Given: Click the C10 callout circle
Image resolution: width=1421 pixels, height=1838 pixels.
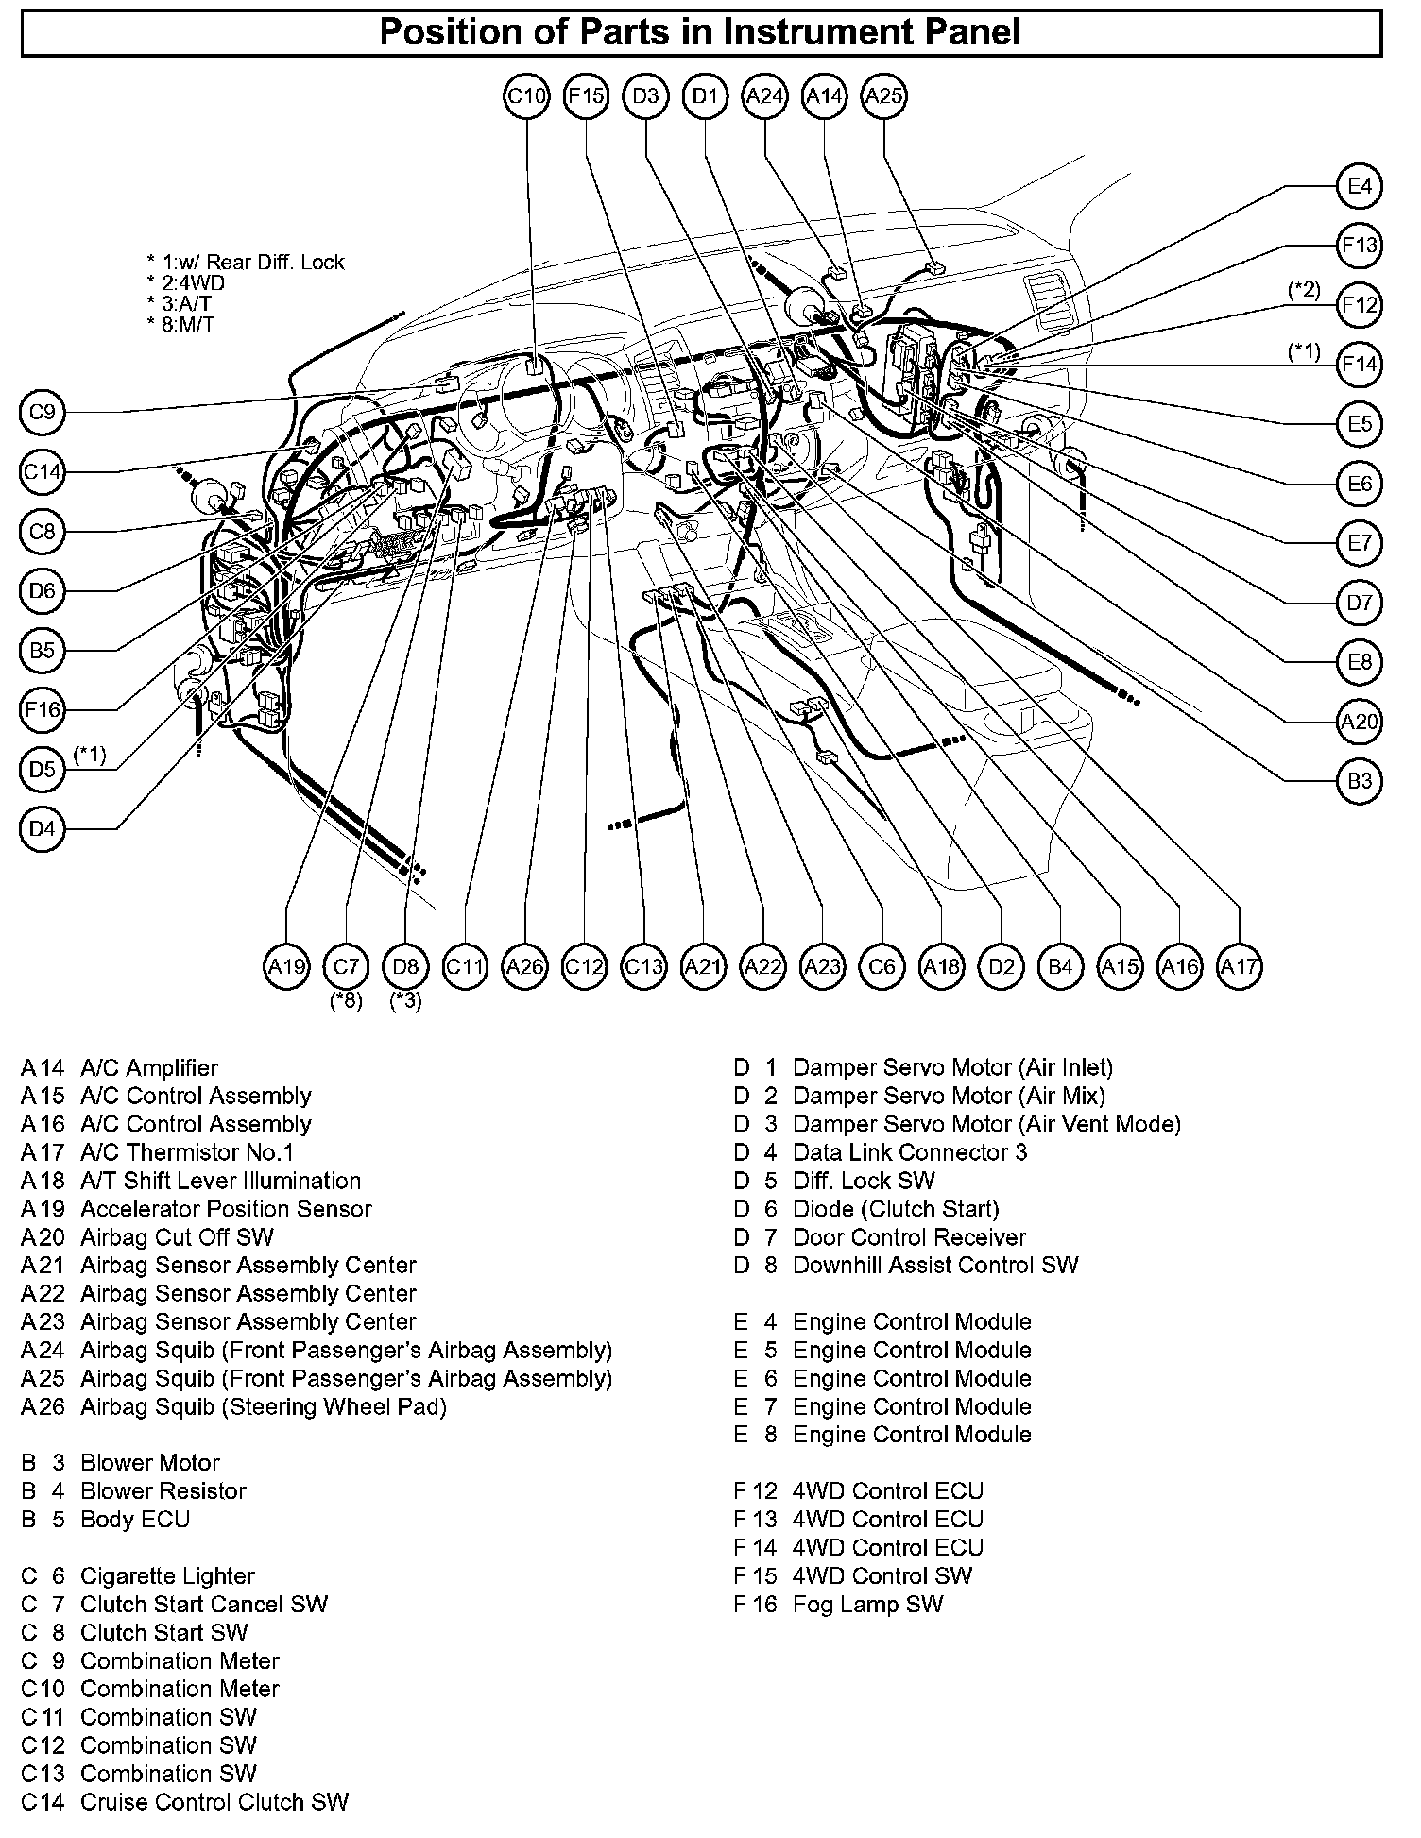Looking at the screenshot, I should [526, 96].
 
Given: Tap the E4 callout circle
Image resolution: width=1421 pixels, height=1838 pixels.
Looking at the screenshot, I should [1359, 186].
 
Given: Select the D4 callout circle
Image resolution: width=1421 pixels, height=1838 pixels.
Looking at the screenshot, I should [43, 829].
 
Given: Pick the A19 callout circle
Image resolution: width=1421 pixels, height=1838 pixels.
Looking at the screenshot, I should [286, 966].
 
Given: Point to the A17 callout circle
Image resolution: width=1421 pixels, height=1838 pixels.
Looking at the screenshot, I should [1240, 966].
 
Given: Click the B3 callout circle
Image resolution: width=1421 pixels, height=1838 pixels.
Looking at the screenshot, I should [1359, 781].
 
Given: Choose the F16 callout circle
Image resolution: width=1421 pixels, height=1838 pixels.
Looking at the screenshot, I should [43, 710].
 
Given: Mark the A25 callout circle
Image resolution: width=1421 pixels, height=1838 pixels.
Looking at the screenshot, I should [884, 96].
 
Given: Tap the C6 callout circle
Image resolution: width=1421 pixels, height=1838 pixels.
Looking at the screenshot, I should [882, 966].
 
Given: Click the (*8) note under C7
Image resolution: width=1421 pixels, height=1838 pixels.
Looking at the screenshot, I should [346, 1000].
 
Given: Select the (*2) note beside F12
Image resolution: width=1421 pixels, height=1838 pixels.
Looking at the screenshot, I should [1304, 290].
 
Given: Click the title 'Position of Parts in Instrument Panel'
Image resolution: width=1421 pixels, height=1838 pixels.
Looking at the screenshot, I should [700, 32].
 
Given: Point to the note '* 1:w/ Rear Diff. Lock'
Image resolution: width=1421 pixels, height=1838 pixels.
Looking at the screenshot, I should [246, 263].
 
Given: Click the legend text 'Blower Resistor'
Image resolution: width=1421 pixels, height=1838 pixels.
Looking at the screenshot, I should [163, 1490].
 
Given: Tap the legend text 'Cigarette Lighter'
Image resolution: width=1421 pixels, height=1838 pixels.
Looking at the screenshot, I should [167, 1575].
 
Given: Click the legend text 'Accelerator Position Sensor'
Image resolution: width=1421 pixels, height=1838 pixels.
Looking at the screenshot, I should [226, 1209].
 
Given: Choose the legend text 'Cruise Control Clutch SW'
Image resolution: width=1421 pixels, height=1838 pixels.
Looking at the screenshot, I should [214, 1802].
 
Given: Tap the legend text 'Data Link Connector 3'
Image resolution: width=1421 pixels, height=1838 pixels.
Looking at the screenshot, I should [909, 1152].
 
